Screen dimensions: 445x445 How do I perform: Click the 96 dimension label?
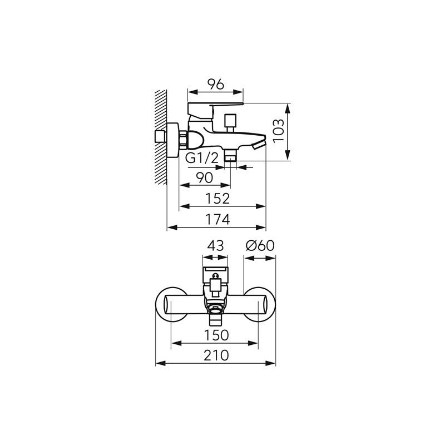pos(216,85)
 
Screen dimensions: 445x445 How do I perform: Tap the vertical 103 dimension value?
pos(279,131)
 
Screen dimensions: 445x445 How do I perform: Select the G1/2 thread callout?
pos(202,158)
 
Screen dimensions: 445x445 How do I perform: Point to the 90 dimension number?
pos(205,178)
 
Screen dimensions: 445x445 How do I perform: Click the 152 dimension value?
pos(217,199)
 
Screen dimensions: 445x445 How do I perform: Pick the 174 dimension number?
pos(217,219)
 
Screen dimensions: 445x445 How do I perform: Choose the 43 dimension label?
pos(215,245)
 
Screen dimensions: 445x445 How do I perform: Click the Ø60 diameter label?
pos(260,245)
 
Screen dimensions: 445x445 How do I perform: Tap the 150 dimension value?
pos(216,335)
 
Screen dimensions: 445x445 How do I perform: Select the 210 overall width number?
pos(216,355)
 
